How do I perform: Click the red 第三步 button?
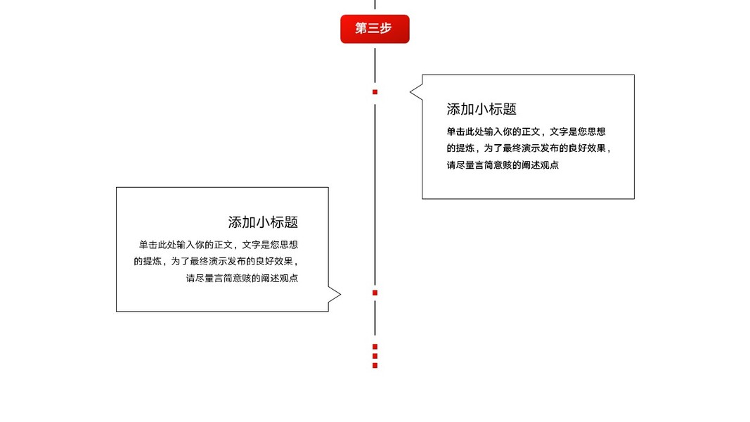(x=375, y=29)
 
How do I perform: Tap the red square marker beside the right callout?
(x=375, y=92)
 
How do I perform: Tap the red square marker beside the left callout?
(x=375, y=293)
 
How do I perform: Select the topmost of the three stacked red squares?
(x=375, y=347)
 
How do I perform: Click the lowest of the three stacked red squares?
(x=375, y=366)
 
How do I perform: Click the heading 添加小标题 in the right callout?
(x=481, y=109)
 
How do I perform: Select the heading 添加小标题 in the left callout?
(x=263, y=222)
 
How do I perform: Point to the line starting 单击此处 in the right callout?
(x=526, y=132)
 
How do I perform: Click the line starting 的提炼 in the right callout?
(x=529, y=148)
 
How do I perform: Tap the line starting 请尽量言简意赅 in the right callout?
(x=503, y=165)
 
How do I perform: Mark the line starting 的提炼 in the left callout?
(x=216, y=262)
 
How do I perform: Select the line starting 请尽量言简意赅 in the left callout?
(x=242, y=279)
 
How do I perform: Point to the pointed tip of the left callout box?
(x=340, y=295)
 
